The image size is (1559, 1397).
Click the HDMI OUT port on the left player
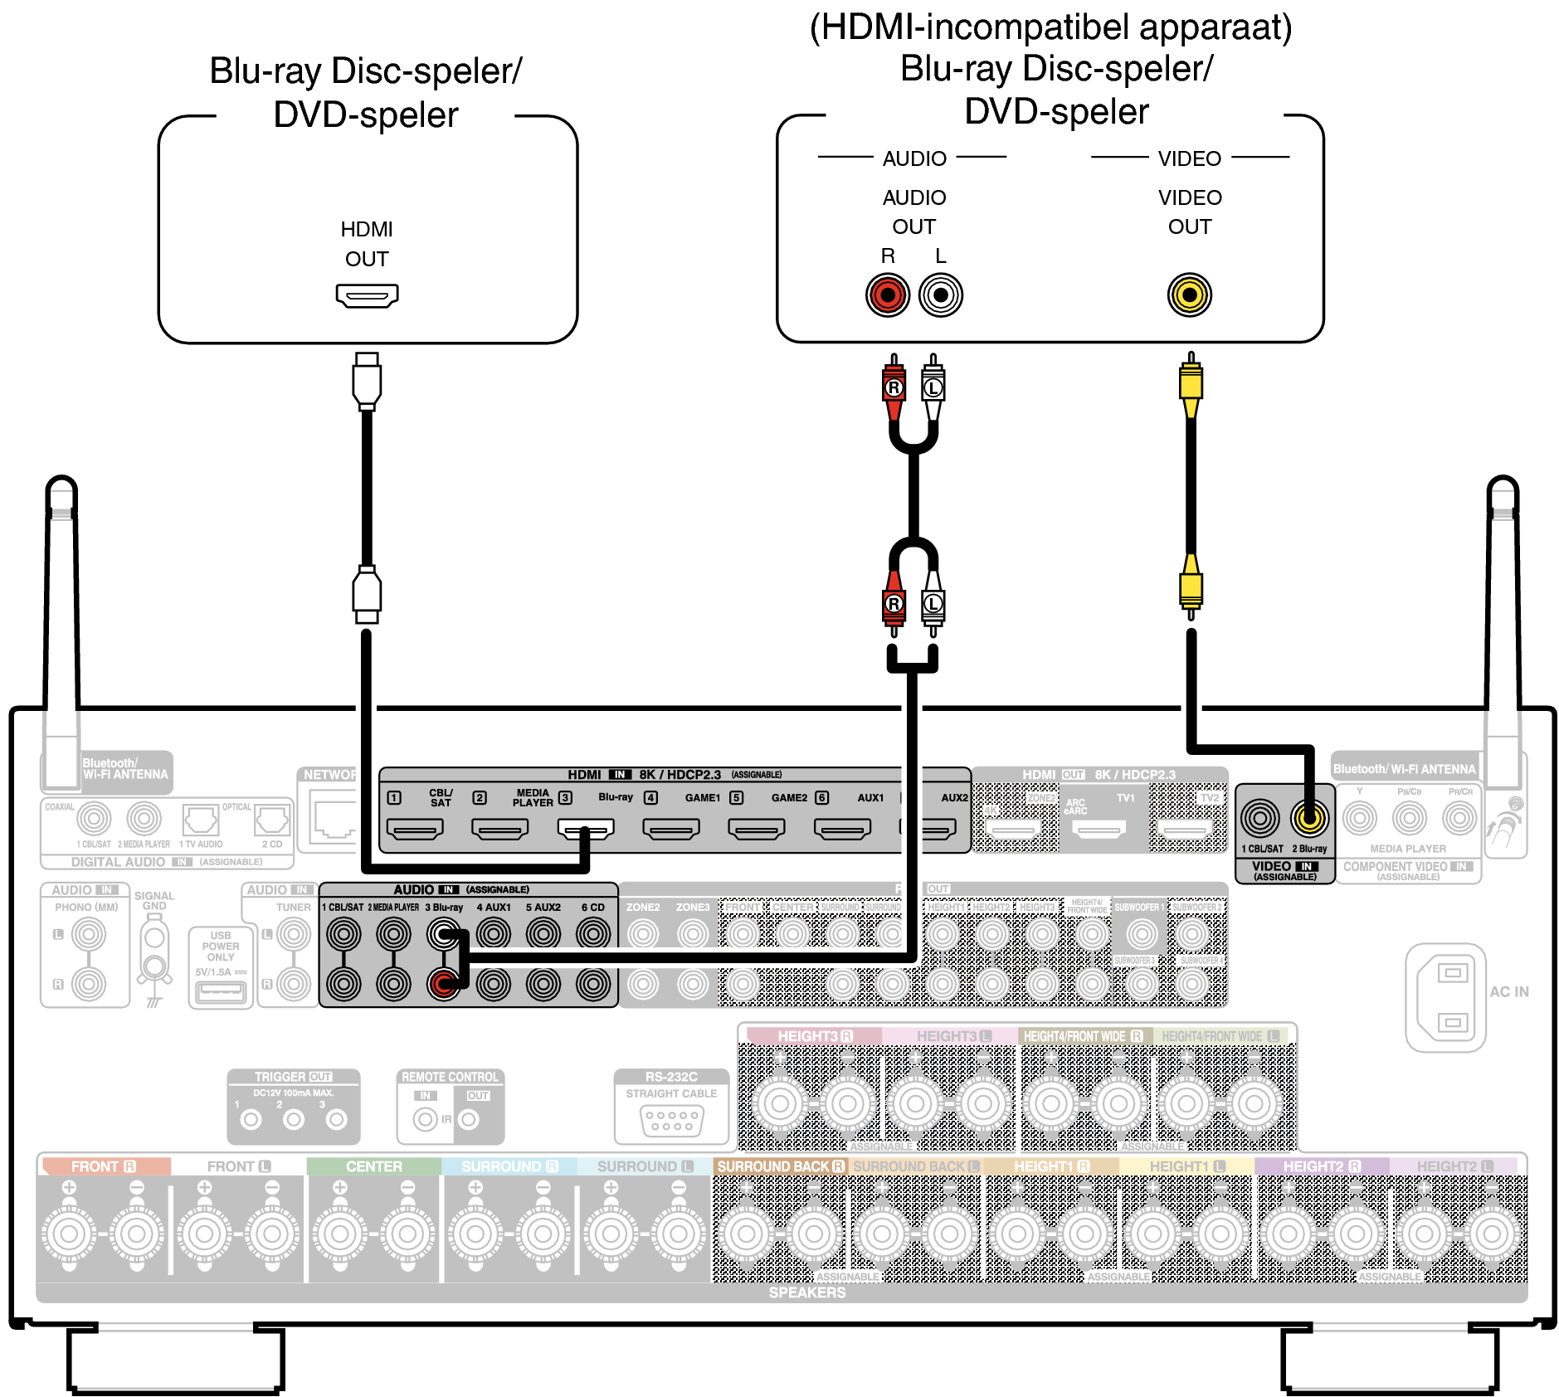tap(367, 295)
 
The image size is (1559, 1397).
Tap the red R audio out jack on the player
tap(888, 294)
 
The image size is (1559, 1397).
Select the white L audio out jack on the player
tap(941, 294)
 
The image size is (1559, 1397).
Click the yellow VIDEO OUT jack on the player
tap(1190, 294)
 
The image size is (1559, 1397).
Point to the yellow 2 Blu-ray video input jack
tap(1309, 819)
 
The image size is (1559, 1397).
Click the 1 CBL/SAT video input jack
tap(1260, 819)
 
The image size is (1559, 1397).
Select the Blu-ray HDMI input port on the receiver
tap(586, 828)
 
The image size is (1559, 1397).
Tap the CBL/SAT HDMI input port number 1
tap(415, 828)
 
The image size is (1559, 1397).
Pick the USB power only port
tap(220, 990)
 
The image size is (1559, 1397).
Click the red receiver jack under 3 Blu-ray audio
tap(443, 985)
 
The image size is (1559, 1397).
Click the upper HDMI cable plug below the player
tap(367, 382)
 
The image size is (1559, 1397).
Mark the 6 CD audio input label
tap(592, 908)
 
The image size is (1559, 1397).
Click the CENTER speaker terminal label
tap(373, 1166)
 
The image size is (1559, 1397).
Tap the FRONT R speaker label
tap(104, 1166)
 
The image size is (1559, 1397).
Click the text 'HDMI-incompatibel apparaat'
tap(1050, 27)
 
